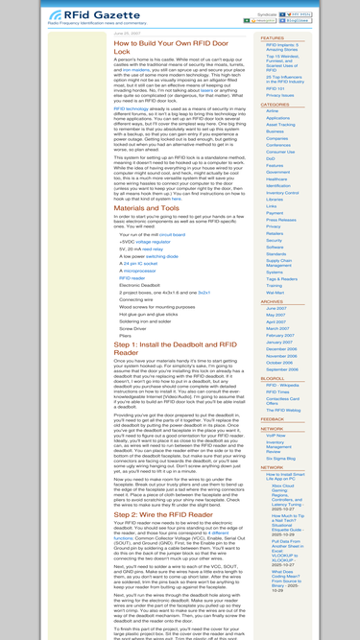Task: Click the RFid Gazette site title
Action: pos(58,15)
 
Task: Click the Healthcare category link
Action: pos(280,185)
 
